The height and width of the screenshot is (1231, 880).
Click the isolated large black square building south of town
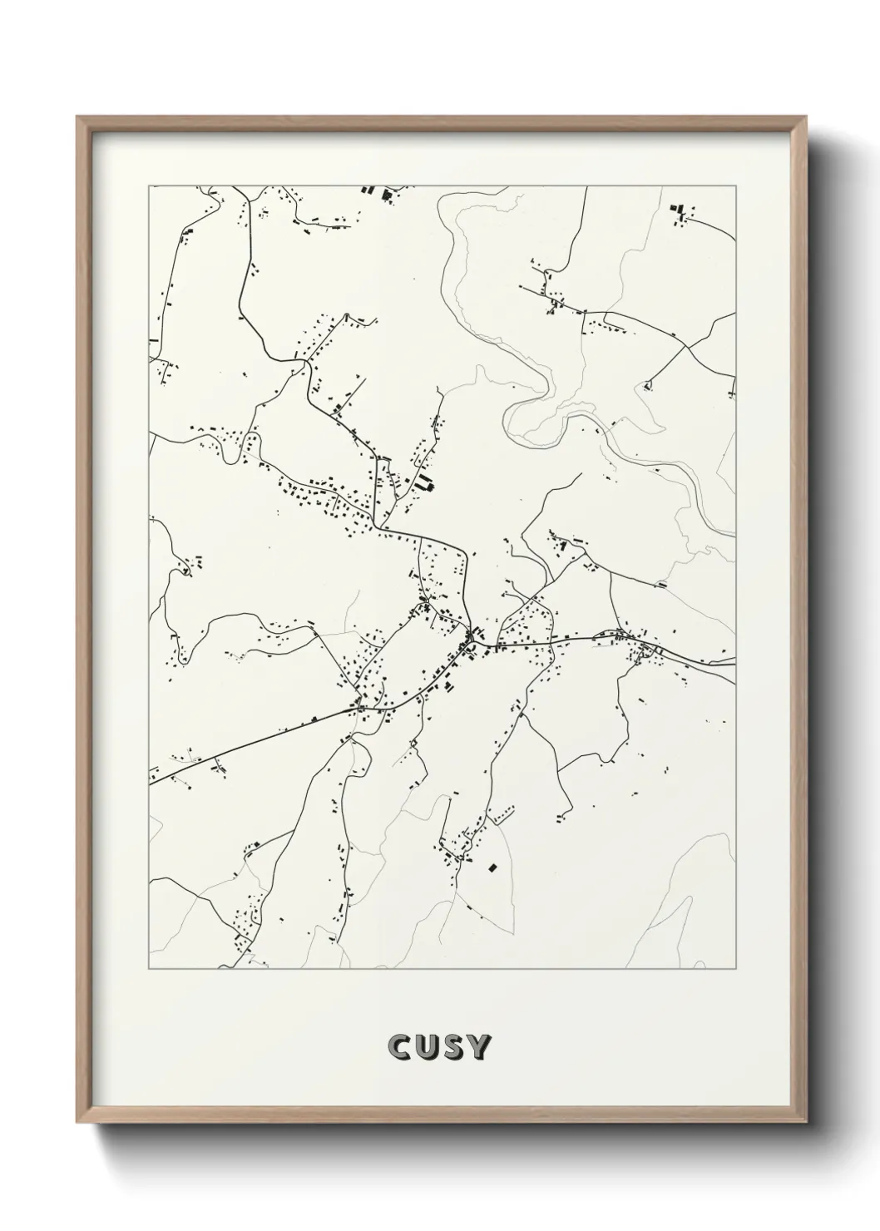click(492, 868)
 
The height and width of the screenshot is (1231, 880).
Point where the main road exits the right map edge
click(735, 663)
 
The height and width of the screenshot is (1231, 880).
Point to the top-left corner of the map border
click(150, 186)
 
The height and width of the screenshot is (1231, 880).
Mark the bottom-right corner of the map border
click(737, 969)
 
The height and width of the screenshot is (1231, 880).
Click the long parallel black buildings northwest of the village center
click(424, 482)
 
